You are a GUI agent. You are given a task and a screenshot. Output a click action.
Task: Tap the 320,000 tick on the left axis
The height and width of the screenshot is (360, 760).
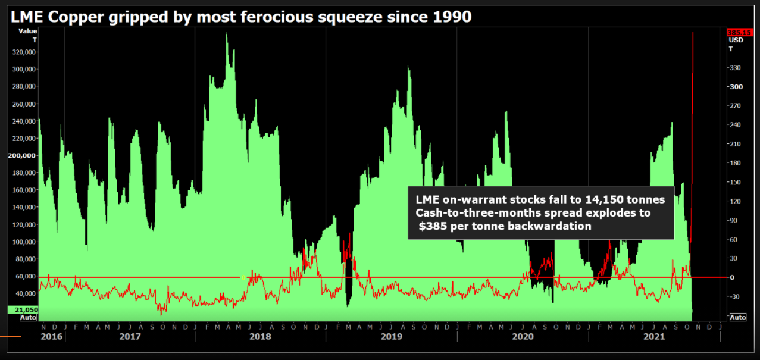click(x=24, y=52)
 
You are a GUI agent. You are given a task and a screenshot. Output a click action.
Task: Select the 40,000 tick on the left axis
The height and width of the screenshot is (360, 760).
click(x=26, y=293)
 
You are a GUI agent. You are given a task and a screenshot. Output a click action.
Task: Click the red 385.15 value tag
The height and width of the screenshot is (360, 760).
click(x=736, y=33)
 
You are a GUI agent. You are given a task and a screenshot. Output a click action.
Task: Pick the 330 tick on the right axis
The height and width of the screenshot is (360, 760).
click(x=736, y=68)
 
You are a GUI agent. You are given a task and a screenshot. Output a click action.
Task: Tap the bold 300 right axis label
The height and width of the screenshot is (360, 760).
click(x=736, y=87)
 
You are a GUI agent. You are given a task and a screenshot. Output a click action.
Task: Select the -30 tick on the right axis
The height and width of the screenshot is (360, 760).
click(x=736, y=296)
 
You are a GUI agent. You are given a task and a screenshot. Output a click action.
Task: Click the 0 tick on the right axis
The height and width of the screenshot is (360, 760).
click(x=733, y=277)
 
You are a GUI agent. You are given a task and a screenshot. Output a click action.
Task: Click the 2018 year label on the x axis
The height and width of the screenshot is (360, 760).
click(x=260, y=336)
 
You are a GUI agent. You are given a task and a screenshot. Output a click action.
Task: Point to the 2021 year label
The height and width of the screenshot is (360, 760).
click(x=653, y=336)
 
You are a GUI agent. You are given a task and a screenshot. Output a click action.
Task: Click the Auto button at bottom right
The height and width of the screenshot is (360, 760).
click(x=737, y=318)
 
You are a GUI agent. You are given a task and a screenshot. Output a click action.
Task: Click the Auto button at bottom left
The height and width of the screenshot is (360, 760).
click(x=28, y=318)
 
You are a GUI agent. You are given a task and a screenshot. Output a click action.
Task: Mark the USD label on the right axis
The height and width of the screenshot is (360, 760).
click(x=736, y=40)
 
